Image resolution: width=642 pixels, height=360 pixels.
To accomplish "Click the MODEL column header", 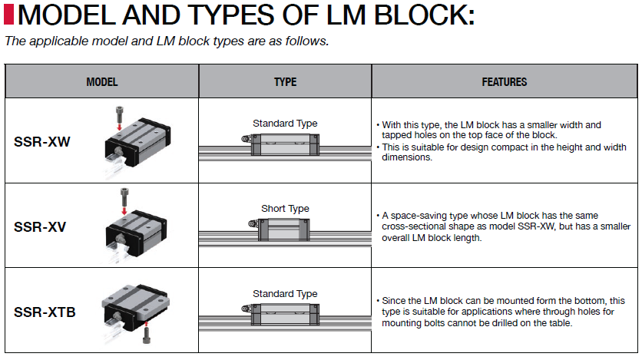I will coord(101,81).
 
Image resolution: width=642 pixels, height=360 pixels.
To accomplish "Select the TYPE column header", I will coord(285,81).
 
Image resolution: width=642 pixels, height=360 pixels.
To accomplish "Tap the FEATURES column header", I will coord(505,81).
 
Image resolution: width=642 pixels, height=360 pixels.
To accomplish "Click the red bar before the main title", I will coord(9,15).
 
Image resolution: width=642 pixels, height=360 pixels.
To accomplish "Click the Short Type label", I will coord(285,209).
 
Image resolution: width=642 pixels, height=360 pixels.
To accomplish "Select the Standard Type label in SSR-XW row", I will coord(285,124).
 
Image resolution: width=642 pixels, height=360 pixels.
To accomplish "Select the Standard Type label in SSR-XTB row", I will coord(285,294).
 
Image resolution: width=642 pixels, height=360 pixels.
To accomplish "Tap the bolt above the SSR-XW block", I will coord(120,115).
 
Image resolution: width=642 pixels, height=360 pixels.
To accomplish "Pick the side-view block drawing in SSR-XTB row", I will coord(285,313).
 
